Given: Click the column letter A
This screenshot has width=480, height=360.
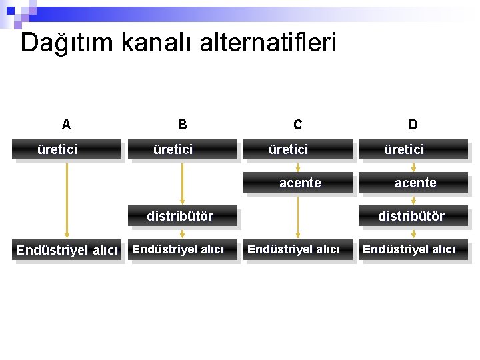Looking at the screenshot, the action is tap(66, 124).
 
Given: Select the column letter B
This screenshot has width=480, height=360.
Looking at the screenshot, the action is tap(182, 124).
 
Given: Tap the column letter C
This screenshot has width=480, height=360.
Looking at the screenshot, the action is tap(297, 124).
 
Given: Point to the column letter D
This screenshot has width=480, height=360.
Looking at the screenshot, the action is tap(413, 124).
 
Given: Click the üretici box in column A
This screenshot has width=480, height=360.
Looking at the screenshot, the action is tap(66, 149).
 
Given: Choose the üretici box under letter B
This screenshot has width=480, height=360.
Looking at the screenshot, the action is tap(182, 149).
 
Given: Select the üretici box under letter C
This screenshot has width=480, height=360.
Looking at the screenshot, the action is tap(297, 149).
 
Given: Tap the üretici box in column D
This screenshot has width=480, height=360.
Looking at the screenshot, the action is tap(413, 149).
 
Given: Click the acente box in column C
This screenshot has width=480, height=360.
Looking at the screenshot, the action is tap(297, 183).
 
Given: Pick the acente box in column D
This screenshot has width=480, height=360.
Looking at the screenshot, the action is tap(413, 183).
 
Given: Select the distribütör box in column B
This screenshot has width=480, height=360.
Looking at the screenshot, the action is tap(182, 216).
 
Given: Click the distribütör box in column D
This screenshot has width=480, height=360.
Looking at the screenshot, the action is tap(413, 216).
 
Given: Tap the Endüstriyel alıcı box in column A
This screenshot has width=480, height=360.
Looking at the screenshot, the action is tap(67, 251).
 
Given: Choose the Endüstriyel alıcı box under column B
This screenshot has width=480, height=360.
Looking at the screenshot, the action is tap(182, 250).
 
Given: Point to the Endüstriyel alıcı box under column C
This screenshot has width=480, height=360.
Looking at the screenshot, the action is tap(297, 250).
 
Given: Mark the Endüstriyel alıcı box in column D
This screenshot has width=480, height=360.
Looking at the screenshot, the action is tap(413, 250).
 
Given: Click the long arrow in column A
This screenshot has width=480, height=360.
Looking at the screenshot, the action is tap(67, 200).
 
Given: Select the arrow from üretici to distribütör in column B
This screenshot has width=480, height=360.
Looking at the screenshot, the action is tap(182, 183).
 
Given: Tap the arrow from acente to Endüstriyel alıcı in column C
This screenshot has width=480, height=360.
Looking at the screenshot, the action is tap(298, 217).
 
